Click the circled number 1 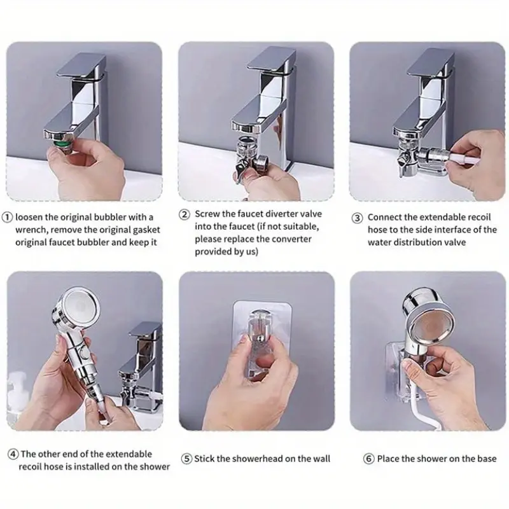7,217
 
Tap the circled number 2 185,214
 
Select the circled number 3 358,218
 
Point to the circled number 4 13,454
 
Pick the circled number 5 186,459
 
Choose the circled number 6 368,459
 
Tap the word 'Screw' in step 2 207,214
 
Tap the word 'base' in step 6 487,459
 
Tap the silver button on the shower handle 85,352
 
